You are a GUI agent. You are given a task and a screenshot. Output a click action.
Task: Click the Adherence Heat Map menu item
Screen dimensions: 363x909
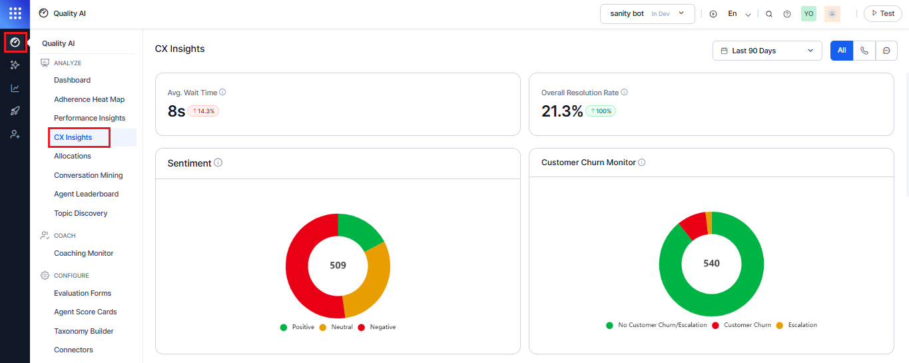tap(89, 99)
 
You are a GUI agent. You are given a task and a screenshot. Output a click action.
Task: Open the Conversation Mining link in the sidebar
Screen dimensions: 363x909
tap(88, 175)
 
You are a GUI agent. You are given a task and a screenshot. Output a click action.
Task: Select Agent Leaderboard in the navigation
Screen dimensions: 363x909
tap(86, 194)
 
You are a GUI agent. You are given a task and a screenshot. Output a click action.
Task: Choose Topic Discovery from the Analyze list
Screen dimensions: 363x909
tap(81, 213)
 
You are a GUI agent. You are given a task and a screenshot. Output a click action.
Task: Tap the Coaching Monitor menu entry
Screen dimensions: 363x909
tap(83, 253)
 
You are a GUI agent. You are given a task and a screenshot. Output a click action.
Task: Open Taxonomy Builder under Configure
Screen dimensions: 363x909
tap(83, 331)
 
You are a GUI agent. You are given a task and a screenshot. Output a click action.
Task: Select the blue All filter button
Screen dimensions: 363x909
tap(842, 51)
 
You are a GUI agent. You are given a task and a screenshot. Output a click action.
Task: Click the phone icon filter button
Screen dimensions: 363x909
tap(864, 51)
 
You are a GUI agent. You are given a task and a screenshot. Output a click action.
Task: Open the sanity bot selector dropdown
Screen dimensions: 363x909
tap(647, 14)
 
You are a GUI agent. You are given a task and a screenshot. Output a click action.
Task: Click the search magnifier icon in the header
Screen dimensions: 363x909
tap(769, 14)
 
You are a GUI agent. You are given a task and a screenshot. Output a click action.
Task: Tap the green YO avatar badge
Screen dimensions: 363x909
tap(808, 14)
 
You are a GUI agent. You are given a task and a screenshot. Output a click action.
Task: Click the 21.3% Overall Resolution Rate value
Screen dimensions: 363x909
tap(562, 111)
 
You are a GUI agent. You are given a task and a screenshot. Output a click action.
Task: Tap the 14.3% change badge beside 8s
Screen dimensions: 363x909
tap(203, 111)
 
